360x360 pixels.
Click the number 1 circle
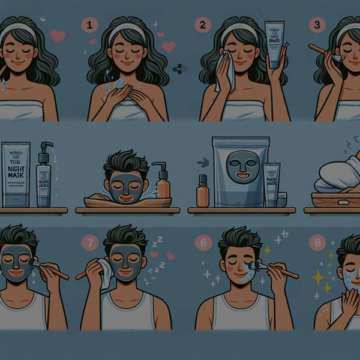point(90,26)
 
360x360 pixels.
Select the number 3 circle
point(316,25)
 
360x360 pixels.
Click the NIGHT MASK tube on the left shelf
point(16,174)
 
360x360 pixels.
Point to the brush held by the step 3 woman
point(324,52)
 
